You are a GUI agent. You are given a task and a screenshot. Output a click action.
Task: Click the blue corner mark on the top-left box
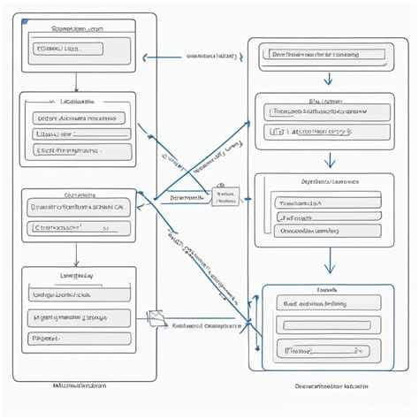point(26,19)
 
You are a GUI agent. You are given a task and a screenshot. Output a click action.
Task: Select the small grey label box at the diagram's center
point(225,196)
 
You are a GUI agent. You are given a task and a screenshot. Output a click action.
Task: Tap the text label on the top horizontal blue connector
point(212,56)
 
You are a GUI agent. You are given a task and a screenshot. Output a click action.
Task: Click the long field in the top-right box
point(323,54)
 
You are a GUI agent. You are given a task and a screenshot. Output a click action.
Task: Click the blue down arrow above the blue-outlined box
point(329,263)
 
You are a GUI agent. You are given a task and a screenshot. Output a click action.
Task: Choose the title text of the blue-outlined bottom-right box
point(328,289)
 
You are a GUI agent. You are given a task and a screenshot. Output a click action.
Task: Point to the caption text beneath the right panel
point(331,386)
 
